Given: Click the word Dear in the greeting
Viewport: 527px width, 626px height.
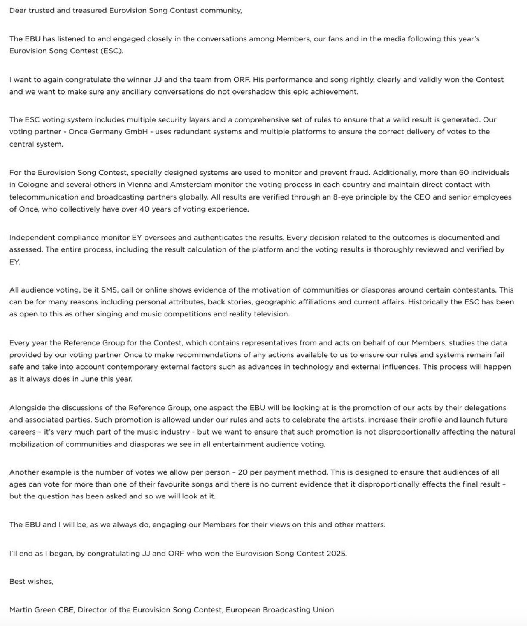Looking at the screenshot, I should pos(17,11).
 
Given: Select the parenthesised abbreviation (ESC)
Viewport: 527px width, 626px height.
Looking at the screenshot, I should pos(113,51).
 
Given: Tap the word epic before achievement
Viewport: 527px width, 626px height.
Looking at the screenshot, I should pos(303,92).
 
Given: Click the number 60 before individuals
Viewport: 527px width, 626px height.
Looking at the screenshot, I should pos(463,173).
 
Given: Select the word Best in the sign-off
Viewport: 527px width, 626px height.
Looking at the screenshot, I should pos(17,582).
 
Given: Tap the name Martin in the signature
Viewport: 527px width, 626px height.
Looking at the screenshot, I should pos(20,610).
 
